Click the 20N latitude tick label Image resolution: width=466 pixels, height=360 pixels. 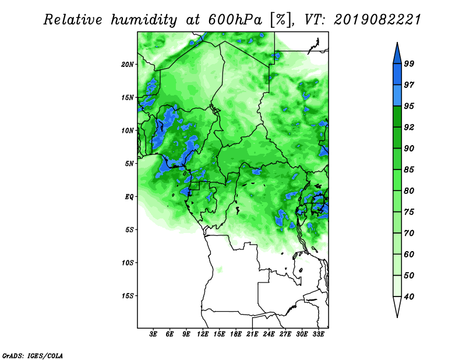[x=128, y=65]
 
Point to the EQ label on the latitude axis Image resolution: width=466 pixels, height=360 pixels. [x=129, y=197]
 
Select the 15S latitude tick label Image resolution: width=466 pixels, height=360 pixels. [x=128, y=296]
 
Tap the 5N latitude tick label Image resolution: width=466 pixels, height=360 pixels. [x=129, y=164]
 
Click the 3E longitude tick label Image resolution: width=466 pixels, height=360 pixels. [x=153, y=334]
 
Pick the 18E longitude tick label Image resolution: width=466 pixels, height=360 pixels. [x=236, y=334]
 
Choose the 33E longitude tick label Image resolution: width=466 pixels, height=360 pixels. [x=318, y=334]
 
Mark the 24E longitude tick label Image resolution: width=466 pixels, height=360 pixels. [x=269, y=334]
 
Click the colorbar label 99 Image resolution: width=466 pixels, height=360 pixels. [x=409, y=63]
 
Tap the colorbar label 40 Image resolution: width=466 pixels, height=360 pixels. [x=409, y=297]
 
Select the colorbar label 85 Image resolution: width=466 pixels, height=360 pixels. [x=409, y=170]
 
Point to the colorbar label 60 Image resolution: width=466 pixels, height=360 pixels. [x=409, y=254]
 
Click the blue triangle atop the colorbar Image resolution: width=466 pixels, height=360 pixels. [x=397, y=55]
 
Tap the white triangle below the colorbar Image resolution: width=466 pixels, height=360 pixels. [x=397, y=306]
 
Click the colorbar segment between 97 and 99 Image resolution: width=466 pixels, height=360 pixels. [x=397, y=75]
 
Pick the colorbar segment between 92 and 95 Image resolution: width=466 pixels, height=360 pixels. [x=397, y=117]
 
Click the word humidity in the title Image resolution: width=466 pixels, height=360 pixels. [x=144, y=20]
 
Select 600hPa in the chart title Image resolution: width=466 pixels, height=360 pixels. [x=235, y=20]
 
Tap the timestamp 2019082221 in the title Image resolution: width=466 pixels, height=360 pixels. [x=377, y=20]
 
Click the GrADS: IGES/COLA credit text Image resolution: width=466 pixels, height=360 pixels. [x=33, y=355]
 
